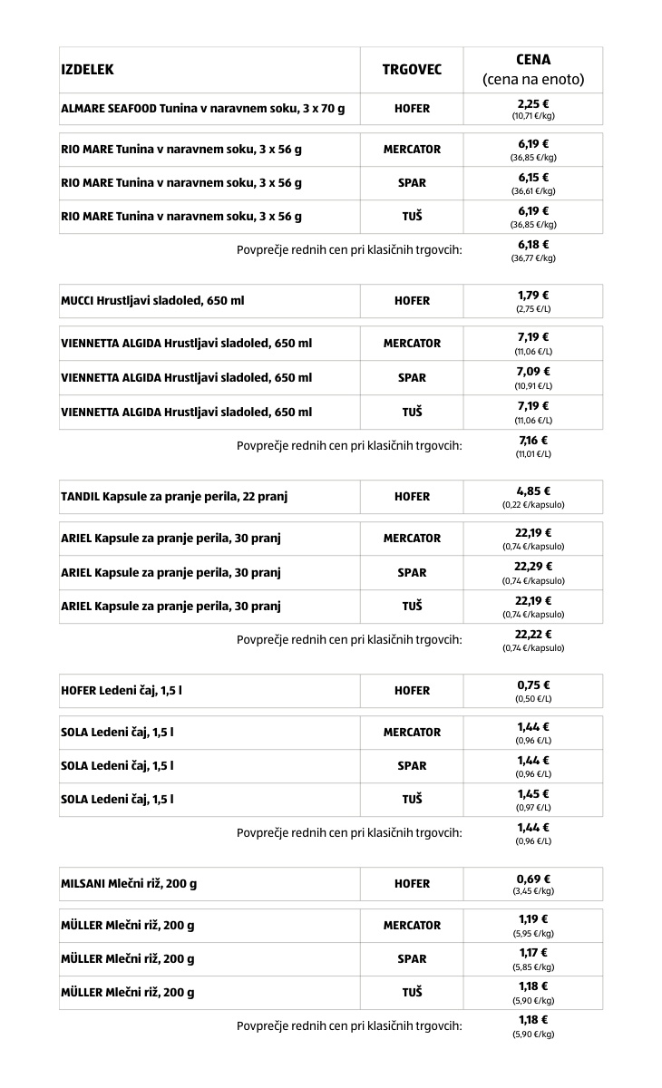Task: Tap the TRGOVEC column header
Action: [412, 70]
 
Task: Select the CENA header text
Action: [533, 60]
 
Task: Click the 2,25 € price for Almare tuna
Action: [533, 104]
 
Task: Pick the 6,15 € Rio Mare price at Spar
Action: [533, 178]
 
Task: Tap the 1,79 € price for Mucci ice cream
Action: [533, 296]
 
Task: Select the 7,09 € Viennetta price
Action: [533, 372]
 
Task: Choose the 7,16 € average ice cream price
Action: [533, 441]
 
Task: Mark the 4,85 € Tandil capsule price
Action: [533, 491]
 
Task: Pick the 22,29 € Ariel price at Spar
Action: [533, 567]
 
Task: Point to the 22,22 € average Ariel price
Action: [533, 635]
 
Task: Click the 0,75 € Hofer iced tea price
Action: [533, 685]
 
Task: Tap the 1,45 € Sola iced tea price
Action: [533, 794]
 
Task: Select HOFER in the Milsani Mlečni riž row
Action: [412, 884]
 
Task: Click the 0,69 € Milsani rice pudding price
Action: [533, 879]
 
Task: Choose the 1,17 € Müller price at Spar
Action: [533, 953]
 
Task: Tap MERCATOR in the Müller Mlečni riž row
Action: [412, 926]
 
